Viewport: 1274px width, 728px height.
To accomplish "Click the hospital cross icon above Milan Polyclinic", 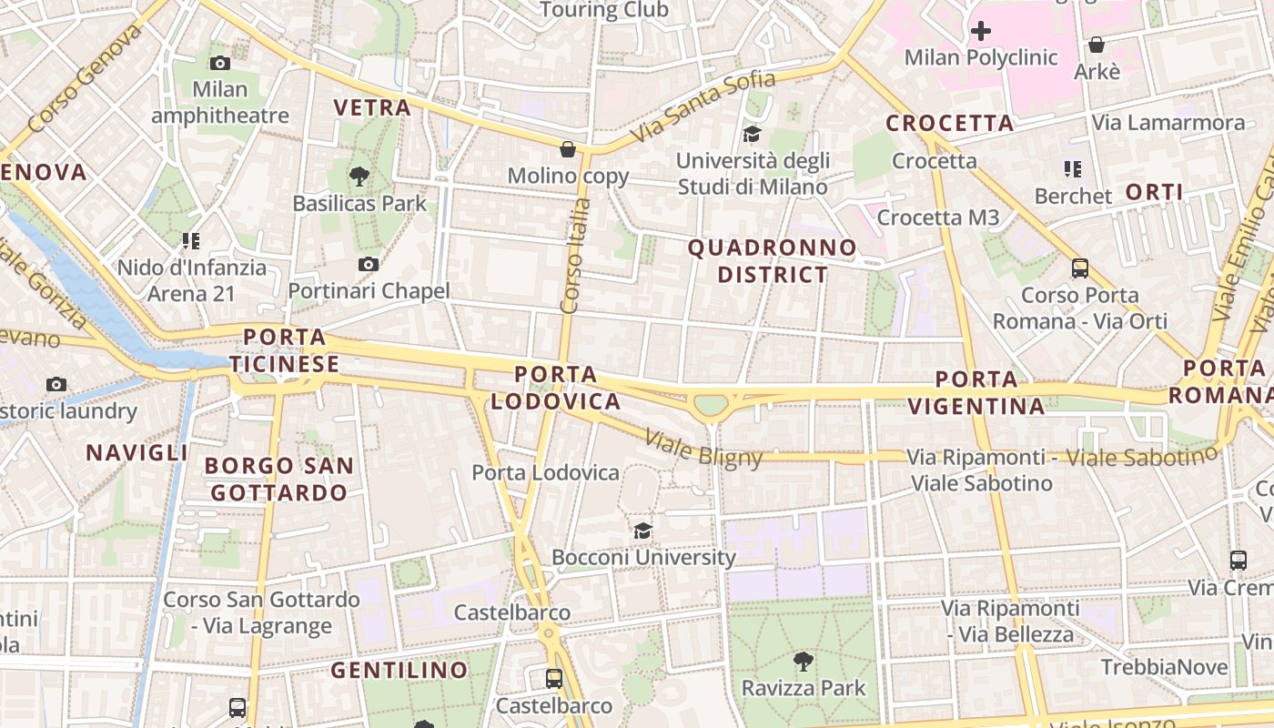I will click(x=980, y=32).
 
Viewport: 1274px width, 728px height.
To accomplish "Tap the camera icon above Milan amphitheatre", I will click(x=219, y=63).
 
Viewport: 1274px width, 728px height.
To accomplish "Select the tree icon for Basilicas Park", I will click(x=359, y=177).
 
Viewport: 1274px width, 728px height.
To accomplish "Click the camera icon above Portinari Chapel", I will click(x=369, y=264).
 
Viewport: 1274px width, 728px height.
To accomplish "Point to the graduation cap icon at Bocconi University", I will click(x=643, y=531).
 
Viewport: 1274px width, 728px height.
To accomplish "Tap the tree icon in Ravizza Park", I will click(x=803, y=661).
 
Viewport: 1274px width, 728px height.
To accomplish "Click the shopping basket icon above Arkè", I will click(x=1097, y=45).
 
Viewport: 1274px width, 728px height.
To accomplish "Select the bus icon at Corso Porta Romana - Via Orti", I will click(x=1080, y=268).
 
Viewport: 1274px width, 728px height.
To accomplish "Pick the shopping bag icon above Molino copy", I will click(x=568, y=148).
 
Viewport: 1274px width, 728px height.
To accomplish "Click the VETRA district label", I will click(x=372, y=107).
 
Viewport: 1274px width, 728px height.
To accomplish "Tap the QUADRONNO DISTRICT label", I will click(x=772, y=261).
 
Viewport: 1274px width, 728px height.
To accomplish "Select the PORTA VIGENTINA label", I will click(x=977, y=393).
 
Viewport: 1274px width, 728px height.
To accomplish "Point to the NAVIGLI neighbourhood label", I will click(x=137, y=452).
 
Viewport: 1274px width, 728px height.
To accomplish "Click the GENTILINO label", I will click(x=399, y=671).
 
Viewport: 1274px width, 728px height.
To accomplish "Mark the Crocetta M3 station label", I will click(x=937, y=217).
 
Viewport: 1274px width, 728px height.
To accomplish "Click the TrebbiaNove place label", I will click(x=1164, y=667).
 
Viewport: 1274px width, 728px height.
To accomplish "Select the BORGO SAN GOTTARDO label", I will click(x=278, y=480).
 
